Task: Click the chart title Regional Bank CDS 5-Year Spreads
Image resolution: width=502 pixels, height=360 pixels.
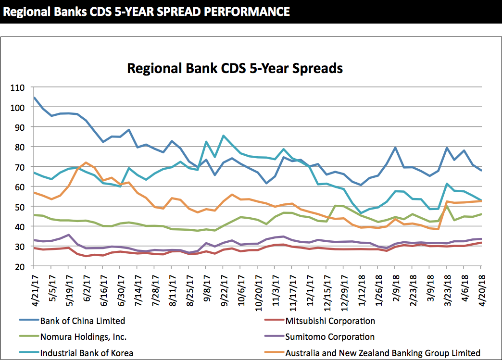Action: tap(235, 68)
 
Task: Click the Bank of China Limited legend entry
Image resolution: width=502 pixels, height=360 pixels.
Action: tap(82, 321)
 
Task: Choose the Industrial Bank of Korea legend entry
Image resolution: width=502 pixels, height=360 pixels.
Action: tap(87, 353)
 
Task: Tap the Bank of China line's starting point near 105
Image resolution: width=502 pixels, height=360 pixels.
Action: tap(35, 98)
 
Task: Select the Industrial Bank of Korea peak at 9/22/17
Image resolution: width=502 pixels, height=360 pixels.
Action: tap(224, 136)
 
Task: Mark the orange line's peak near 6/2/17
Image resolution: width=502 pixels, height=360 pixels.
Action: tap(86, 162)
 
